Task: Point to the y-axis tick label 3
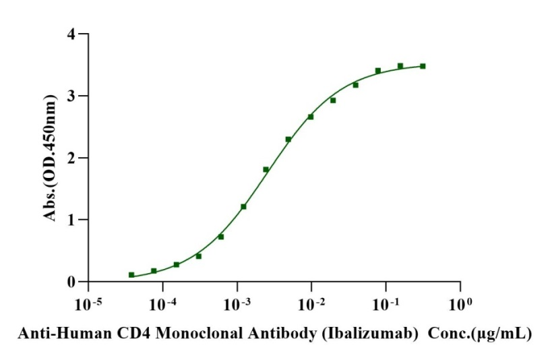[71, 96]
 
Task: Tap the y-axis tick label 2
[71, 158]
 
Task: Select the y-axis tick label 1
[71, 220]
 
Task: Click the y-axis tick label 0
[71, 282]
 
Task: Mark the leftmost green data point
[131, 275]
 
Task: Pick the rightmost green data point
[423, 66]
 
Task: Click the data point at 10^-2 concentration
[311, 117]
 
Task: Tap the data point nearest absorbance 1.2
[243, 206]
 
